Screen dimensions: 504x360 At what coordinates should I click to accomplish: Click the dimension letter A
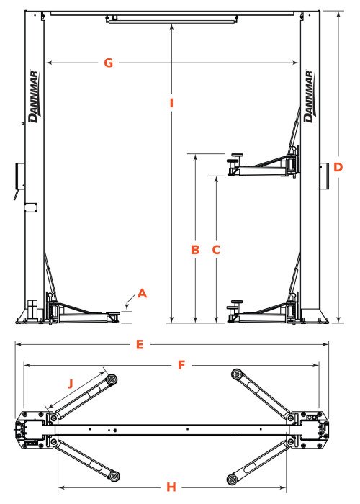click(142, 293)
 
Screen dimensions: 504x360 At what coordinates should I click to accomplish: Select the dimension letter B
click(194, 250)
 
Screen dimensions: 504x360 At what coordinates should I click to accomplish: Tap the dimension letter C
click(215, 250)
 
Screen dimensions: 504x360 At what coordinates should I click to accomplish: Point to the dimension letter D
click(338, 167)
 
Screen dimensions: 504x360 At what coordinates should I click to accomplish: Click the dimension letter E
click(140, 344)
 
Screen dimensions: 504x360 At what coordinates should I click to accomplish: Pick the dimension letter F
click(182, 365)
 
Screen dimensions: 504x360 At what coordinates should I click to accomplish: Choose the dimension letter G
click(108, 63)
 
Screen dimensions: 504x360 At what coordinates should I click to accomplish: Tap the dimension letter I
click(171, 103)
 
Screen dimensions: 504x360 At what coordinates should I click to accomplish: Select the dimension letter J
click(70, 383)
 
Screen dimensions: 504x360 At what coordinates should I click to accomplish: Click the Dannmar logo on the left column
click(33, 97)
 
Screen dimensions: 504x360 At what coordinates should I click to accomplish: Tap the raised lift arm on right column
click(263, 163)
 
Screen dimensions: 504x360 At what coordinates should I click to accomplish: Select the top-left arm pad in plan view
click(112, 379)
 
